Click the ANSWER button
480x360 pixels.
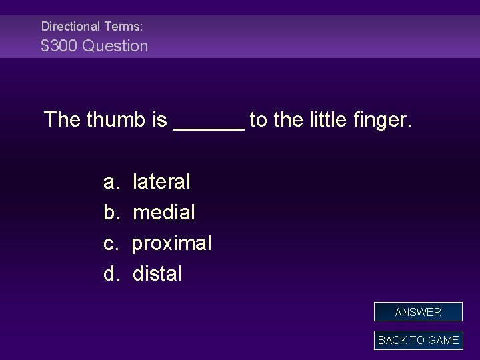click(x=418, y=312)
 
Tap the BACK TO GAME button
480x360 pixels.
click(x=418, y=340)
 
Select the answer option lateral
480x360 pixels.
click(x=161, y=181)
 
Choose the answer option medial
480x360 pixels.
click(x=164, y=213)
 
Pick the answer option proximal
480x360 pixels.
click(x=171, y=243)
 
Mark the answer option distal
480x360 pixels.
click(x=157, y=273)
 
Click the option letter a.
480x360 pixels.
click(x=109, y=182)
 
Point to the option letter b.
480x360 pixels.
click(x=109, y=213)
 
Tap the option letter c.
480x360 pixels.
click(x=109, y=243)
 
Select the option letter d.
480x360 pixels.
click(x=109, y=273)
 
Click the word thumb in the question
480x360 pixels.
click(x=115, y=121)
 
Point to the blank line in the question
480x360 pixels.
click(x=208, y=125)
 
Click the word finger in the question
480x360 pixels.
click(x=381, y=121)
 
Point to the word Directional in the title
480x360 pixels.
click(x=70, y=27)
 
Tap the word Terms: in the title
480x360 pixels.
click(x=123, y=27)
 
